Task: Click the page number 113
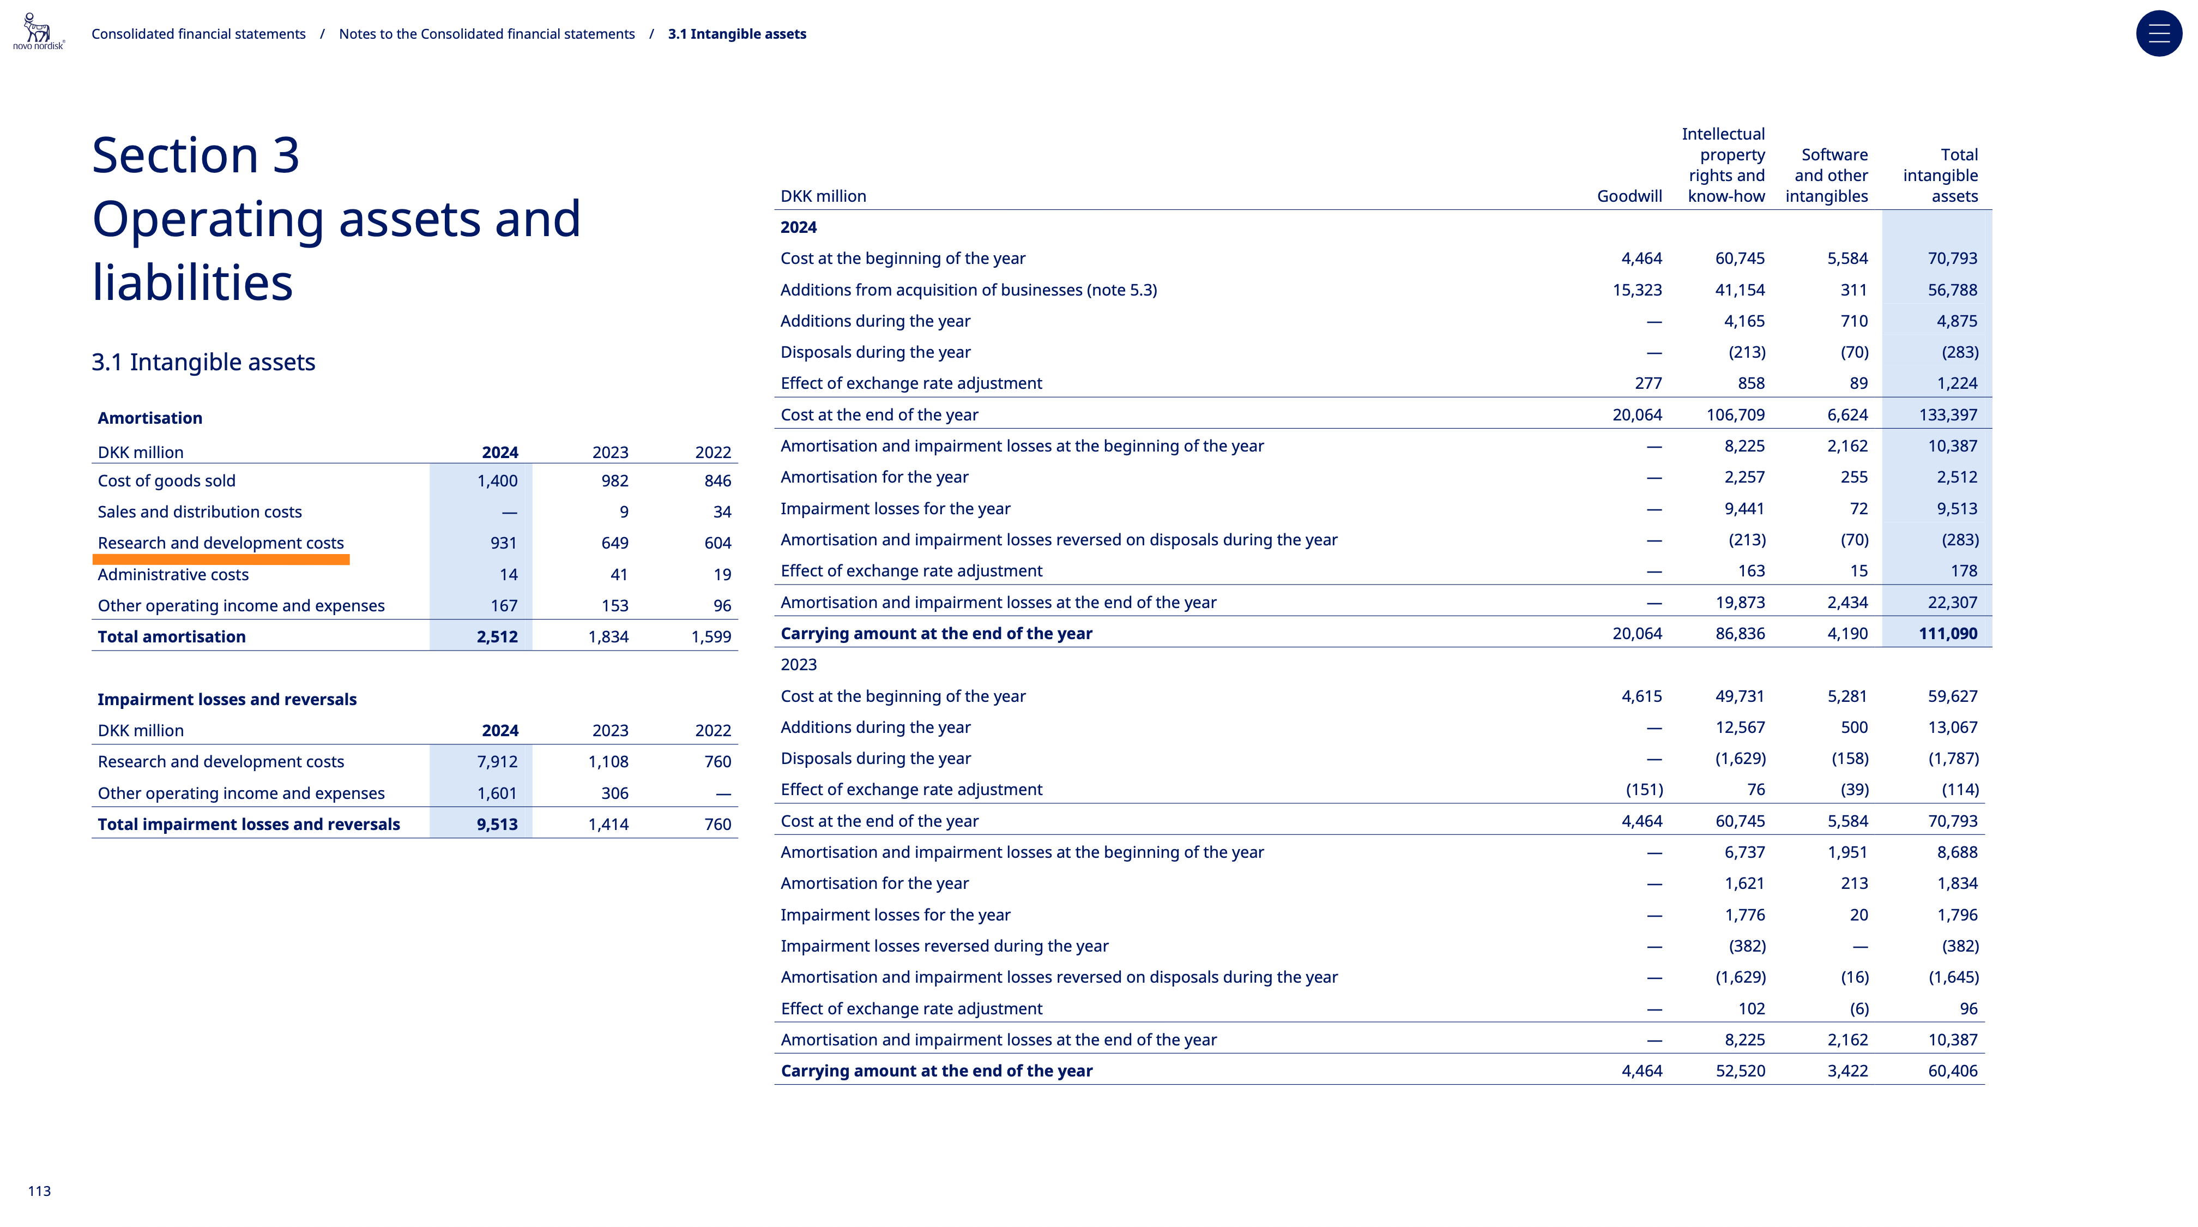click(x=39, y=1191)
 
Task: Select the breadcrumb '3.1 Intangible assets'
click(x=736, y=34)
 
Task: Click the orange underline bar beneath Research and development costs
click(x=221, y=560)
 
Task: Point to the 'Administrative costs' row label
click(x=173, y=574)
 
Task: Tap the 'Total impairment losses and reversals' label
click(x=248, y=824)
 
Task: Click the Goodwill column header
click(x=1629, y=196)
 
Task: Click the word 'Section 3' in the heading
click(x=195, y=155)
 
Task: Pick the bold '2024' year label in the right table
click(x=798, y=227)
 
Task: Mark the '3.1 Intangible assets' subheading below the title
click(x=203, y=362)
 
